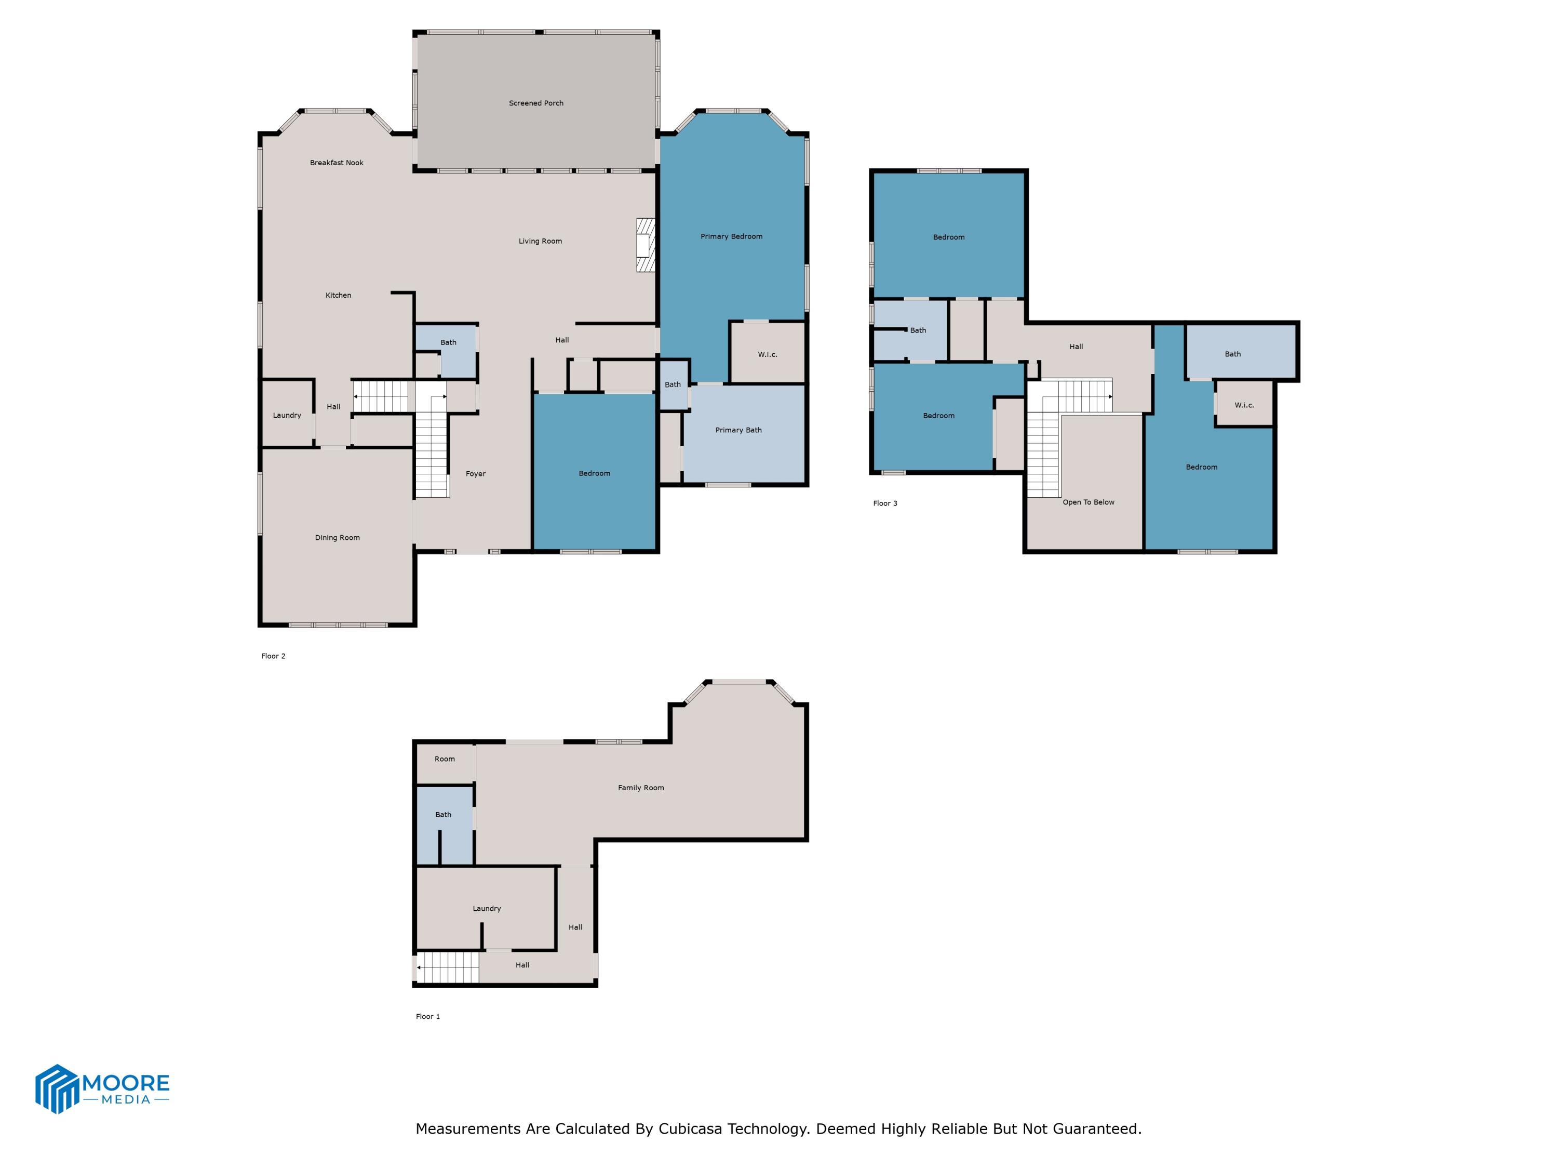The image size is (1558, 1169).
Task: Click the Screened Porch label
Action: click(536, 103)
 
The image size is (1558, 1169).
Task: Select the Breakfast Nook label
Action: click(337, 163)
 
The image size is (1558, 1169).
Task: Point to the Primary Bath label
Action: click(738, 430)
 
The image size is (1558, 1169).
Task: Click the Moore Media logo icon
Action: click(56, 1088)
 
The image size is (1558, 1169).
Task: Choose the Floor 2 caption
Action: click(273, 656)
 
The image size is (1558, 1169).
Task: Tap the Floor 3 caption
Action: click(885, 503)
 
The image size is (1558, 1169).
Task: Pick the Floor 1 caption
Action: click(427, 1016)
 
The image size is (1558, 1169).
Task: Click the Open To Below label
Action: click(1088, 502)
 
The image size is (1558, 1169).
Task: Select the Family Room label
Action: click(641, 788)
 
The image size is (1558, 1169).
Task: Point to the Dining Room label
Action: click(338, 538)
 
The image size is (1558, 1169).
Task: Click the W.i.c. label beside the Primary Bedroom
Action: click(768, 354)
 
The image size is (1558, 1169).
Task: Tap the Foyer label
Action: click(475, 473)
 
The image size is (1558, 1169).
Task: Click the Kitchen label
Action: click(338, 295)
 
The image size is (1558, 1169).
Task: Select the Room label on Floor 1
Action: click(445, 759)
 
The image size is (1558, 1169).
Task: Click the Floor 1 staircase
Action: click(448, 967)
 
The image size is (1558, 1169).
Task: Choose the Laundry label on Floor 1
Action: click(487, 908)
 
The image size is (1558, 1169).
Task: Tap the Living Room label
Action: click(540, 241)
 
